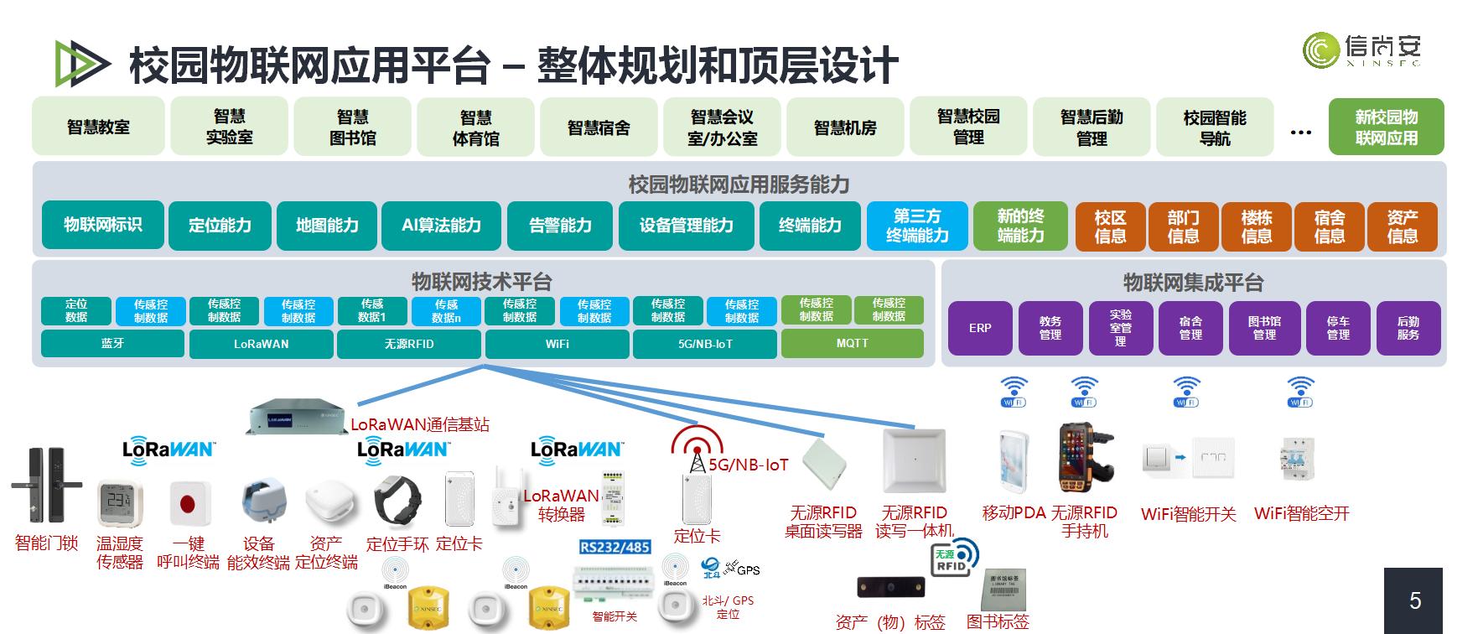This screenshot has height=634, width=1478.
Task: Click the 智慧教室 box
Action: [x=98, y=127]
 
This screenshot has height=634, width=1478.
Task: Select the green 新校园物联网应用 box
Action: [x=1386, y=127]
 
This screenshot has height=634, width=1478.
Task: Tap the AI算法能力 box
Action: [x=441, y=226]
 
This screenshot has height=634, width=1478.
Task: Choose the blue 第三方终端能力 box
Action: [x=917, y=226]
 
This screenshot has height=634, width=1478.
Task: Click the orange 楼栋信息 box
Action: [x=1256, y=227]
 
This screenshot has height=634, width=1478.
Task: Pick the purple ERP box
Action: [x=980, y=328]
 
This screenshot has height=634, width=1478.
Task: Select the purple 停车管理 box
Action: [x=1337, y=328]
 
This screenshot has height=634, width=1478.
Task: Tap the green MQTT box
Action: [x=852, y=343]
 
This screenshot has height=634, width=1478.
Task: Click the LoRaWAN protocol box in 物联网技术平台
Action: [x=261, y=344]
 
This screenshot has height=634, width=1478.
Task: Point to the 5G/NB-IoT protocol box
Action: [x=704, y=344]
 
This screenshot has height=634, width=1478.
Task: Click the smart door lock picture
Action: [x=46, y=486]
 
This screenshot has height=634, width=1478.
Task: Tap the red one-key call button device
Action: [x=187, y=503]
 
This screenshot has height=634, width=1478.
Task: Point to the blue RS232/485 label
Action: [x=615, y=547]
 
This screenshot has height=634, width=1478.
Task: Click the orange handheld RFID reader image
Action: [x=1083, y=458]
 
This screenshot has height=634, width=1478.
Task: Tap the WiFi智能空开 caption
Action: [x=1301, y=514]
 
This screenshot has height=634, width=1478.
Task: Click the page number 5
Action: [x=1415, y=600]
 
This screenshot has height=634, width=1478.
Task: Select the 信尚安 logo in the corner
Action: [x=1361, y=50]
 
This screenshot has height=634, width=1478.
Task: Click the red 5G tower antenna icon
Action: [x=697, y=447]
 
